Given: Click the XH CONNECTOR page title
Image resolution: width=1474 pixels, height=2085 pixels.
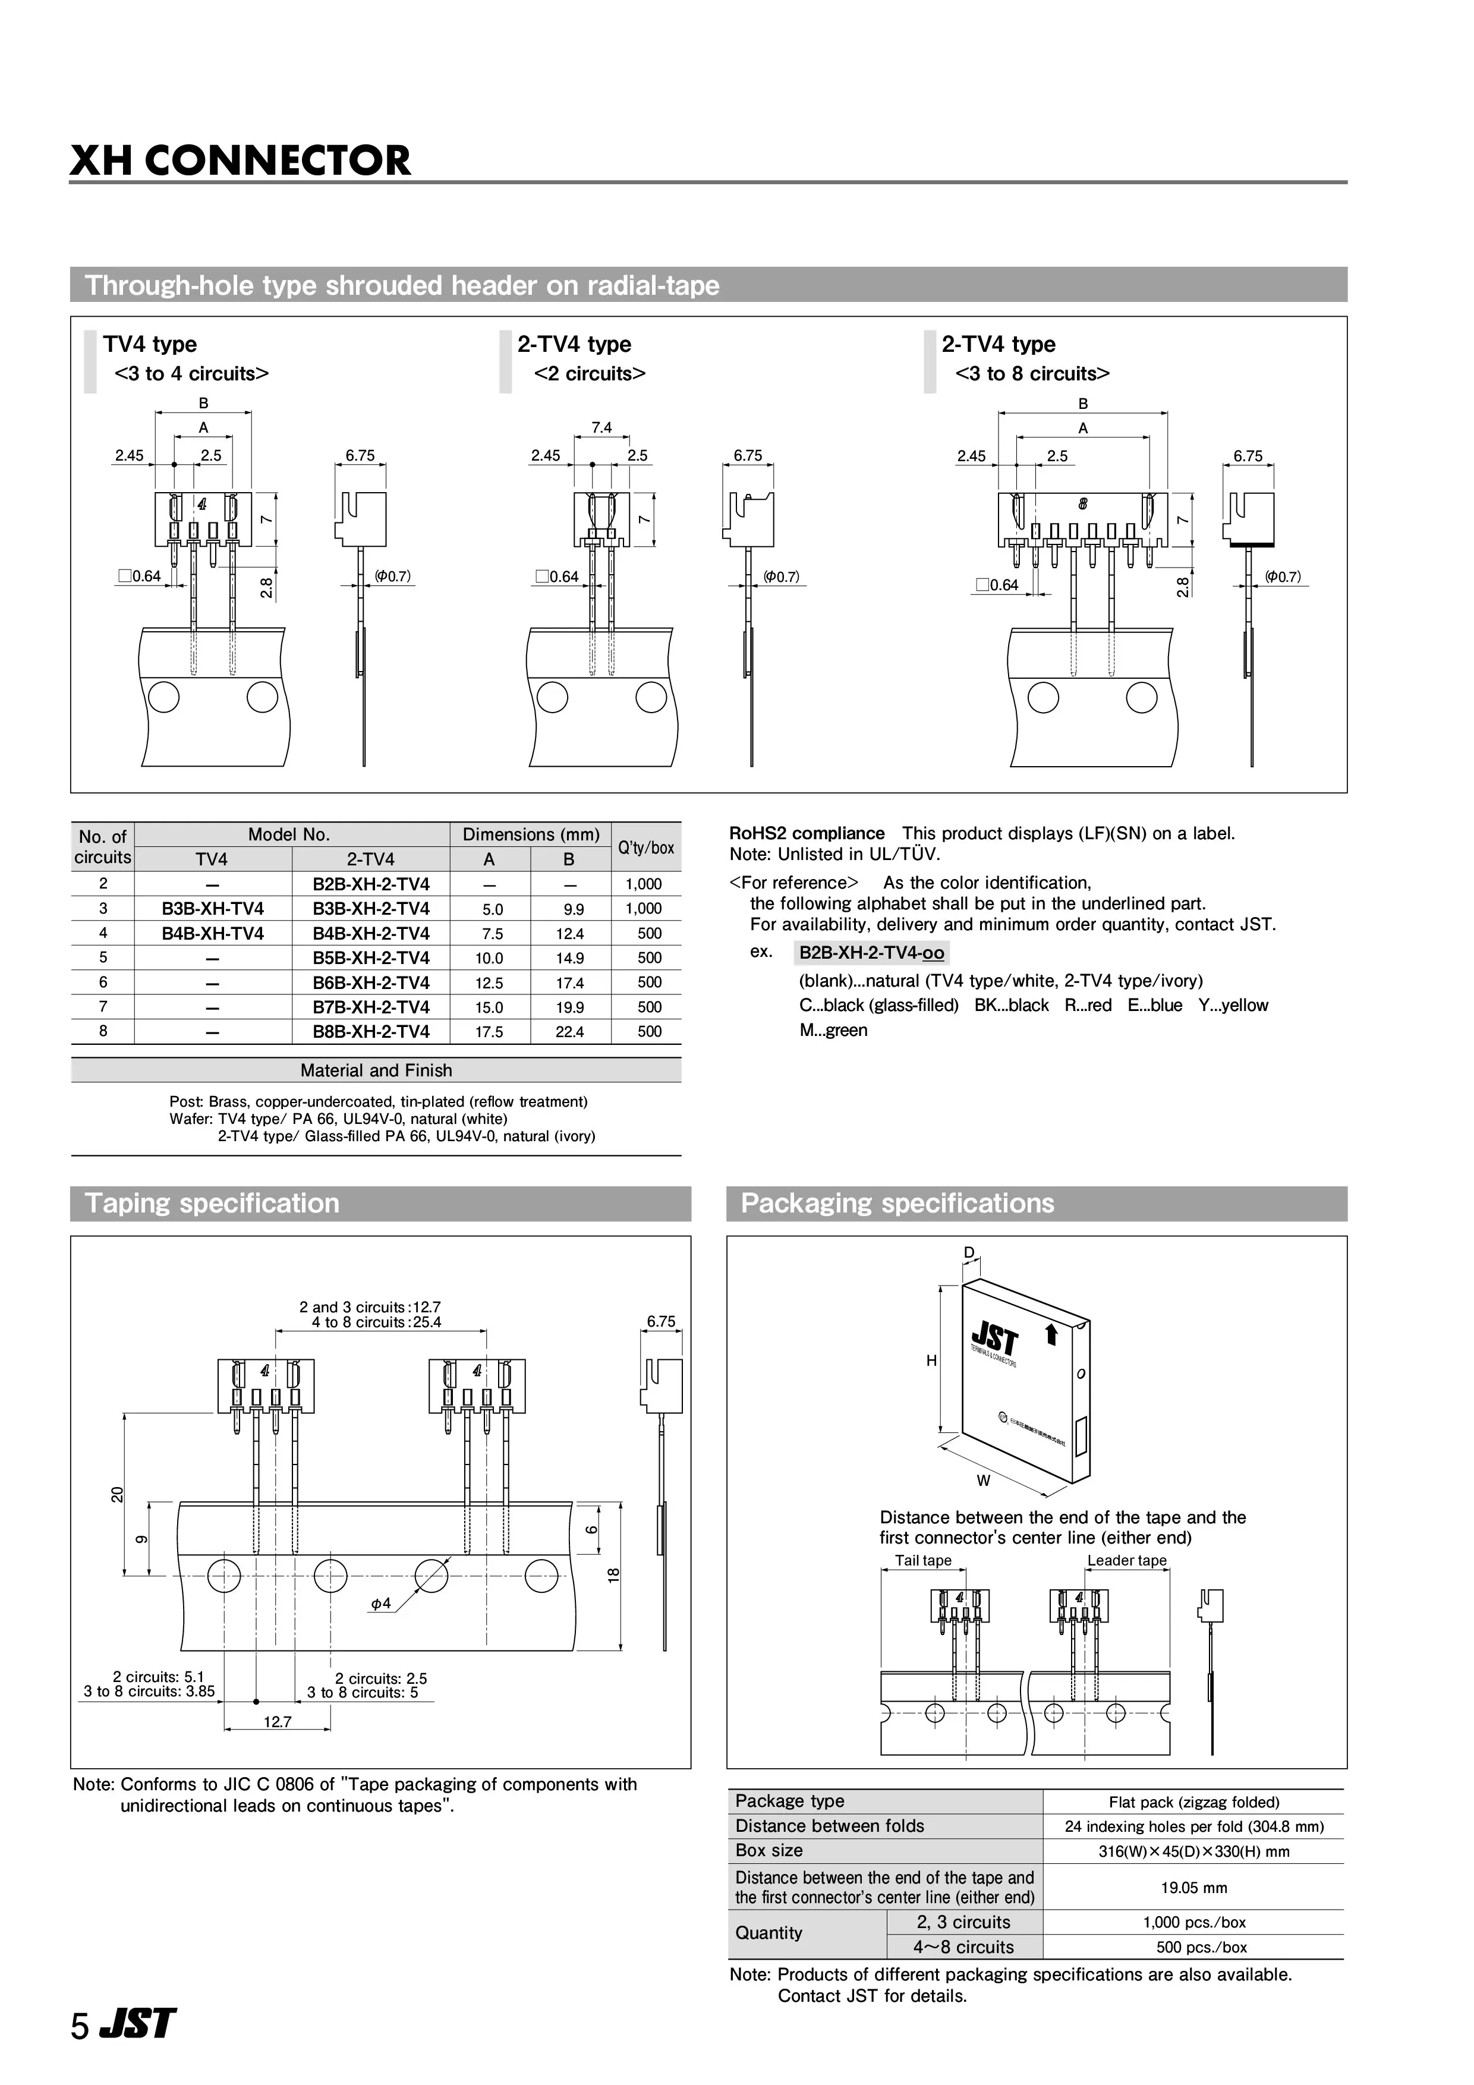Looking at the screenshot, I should point(241,160).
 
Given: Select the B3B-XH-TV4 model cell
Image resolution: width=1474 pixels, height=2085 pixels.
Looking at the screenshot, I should point(213,908).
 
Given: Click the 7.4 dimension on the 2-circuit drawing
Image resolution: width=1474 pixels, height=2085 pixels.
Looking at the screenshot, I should point(601,428).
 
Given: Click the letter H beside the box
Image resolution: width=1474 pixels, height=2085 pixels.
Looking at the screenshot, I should point(931,1360).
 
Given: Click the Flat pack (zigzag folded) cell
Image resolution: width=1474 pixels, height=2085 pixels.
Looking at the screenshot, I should point(1193,1803).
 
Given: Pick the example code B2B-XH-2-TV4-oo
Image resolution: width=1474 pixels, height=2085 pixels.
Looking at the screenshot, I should point(872,953).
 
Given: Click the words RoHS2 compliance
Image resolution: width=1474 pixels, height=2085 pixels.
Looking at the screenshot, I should point(807,834).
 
